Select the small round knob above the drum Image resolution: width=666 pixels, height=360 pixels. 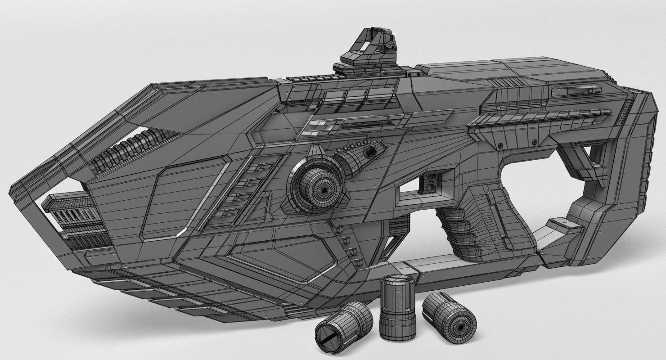tap(370, 151)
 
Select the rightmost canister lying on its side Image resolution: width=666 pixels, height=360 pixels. tap(449, 317)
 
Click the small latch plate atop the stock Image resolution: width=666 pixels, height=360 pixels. tap(576, 90)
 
